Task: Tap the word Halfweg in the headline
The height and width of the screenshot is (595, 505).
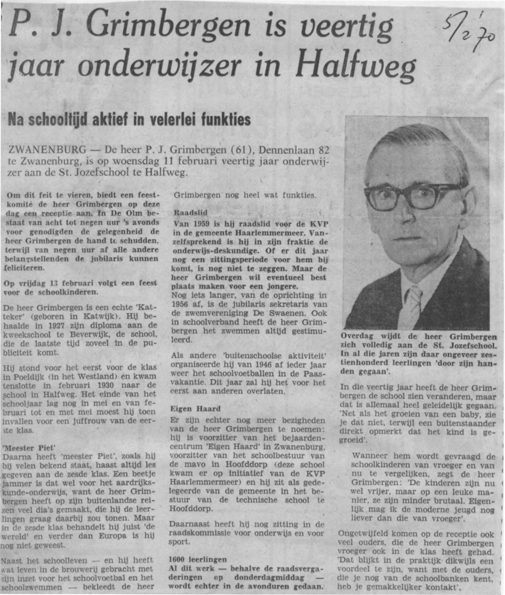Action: point(356,67)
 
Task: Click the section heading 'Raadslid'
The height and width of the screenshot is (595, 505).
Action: point(191,213)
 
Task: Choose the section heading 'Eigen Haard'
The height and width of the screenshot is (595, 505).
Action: point(195,408)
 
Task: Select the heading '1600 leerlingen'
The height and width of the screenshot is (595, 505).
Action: point(197,559)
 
